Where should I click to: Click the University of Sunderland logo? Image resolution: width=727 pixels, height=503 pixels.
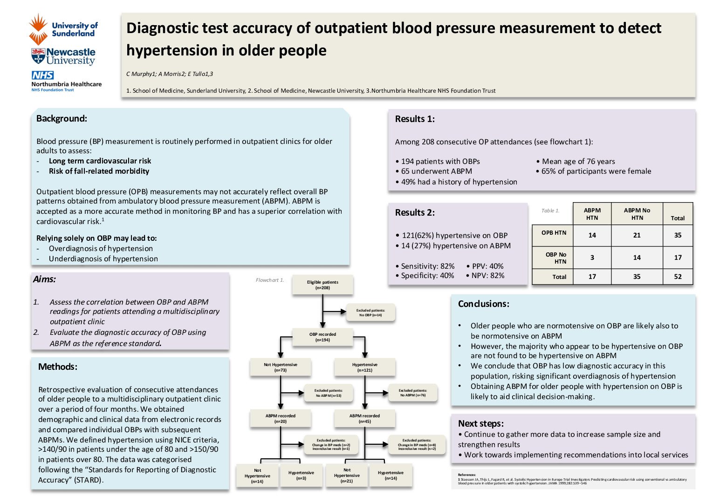[x=63, y=29]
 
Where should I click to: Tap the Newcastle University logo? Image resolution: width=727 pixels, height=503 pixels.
[x=63, y=56]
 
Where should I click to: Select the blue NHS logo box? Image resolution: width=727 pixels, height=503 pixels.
[x=42, y=75]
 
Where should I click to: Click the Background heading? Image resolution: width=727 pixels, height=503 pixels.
[x=62, y=119]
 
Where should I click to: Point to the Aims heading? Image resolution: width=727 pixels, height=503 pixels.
[x=44, y=279]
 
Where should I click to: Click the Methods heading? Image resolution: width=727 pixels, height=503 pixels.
[x=58, y=367]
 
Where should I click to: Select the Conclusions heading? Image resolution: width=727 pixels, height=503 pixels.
[x=483, y=304]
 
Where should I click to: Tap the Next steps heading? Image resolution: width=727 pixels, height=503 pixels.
[x=480, y=423]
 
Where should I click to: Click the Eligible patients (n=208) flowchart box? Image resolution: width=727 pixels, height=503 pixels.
[x=322, y=285]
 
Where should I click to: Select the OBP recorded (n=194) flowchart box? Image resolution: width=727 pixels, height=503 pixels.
[x=322, y=337]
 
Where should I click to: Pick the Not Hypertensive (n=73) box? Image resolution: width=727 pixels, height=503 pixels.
[x=280, y=367]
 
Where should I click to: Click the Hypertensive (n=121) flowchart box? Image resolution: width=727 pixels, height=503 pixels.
[x=365, y=367]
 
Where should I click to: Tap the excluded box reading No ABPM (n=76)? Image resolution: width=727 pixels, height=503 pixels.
[x=413, y=393]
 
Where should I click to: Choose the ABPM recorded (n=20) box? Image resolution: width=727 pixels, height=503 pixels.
[x=280, y=419]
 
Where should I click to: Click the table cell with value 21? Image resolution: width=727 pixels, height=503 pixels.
[x=637, y=235]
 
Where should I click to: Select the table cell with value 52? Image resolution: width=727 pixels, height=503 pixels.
[x=678, y=277]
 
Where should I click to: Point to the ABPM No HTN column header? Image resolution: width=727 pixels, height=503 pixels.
[x=637, y=214]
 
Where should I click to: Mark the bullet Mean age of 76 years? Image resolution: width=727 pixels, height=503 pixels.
[x=576, y=162]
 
